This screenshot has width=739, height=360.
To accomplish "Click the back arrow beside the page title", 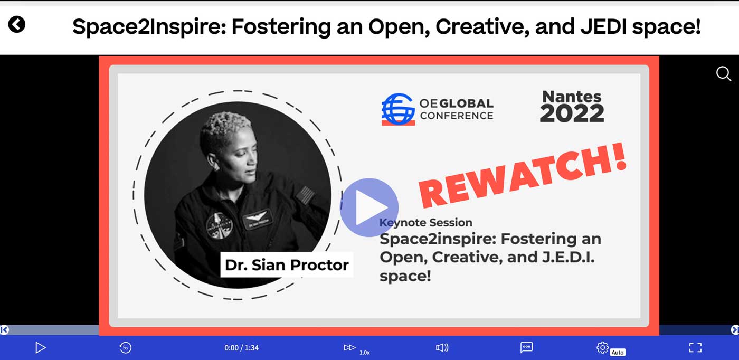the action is (x=17, y=24).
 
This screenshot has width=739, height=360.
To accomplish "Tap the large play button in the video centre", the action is (x=369, y=207).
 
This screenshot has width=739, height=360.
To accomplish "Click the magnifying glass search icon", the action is (x=724, y=73).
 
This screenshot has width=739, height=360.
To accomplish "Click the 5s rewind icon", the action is (x=126, y=347).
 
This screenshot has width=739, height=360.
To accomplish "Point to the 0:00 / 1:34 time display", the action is (x=242, y=348).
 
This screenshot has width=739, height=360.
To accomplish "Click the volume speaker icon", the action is (x=442, y=347).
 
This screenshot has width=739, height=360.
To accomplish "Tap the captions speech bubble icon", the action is (x=527, y=347).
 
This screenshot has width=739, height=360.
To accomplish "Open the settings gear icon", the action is (x=602, y=347).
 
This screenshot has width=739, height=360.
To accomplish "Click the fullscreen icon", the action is (x=696, y=347).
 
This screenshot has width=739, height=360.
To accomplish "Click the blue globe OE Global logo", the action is (x=398, y=109).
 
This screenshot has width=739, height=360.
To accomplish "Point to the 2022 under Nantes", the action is (x=572, y=113).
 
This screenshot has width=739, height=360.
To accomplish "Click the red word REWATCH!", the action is (x=523, y=176).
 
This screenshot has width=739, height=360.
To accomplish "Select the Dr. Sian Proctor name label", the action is (x=287, y=264).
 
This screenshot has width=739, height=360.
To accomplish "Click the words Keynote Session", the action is (x=426, y=222).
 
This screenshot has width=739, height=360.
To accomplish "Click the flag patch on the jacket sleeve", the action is (x=305, y=195).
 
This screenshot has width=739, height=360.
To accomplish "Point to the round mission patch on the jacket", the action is (x=219, y=226).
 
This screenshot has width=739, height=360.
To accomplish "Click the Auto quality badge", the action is (x=618, y=353).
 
